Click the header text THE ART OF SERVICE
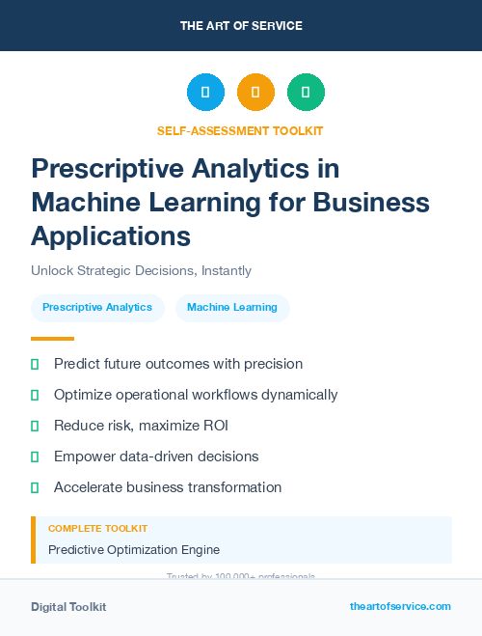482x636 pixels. (x=241, y=26)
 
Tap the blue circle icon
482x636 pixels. (x=205, y=93)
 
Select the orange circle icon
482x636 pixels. (x=255, y=93)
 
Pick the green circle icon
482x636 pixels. (x=306, y=93)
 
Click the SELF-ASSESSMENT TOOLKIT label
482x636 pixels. (x=240, y=130)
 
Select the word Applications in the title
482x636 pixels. (x=111, y=235)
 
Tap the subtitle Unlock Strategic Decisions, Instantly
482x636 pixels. (x=141, y=271)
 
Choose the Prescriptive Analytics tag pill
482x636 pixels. (x=97, y=308)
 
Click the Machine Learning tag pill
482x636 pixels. (x=232, y=308)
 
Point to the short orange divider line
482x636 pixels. (x=52, y=339)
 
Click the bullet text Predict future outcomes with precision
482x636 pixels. (x=178, y=364)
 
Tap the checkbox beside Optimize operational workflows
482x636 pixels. (x=35, y=395)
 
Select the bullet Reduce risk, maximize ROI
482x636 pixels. (x=141, y=426)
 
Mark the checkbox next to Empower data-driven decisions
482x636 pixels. (x=35, y=456)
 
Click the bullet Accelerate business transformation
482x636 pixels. (x=168, y=487)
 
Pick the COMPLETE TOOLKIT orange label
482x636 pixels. (x=97, y=529)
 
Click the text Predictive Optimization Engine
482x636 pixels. (x=134, y=550)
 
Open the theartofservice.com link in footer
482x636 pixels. (x=400, y=606)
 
